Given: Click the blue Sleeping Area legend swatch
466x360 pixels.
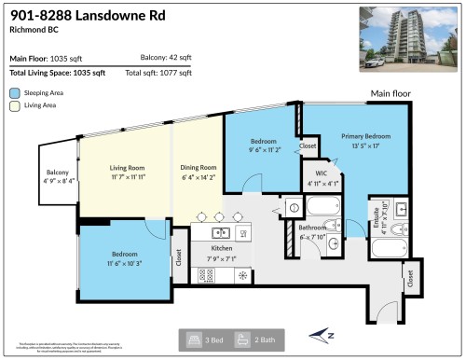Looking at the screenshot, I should tap(15, 93).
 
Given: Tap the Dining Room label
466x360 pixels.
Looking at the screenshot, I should tap(199, 168).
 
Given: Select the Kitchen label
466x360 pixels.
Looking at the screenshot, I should tap(222, 248).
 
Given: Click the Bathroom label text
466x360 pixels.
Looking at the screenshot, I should tap(310, 228).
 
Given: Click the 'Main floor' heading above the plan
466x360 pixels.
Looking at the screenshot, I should tap(391, 93).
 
